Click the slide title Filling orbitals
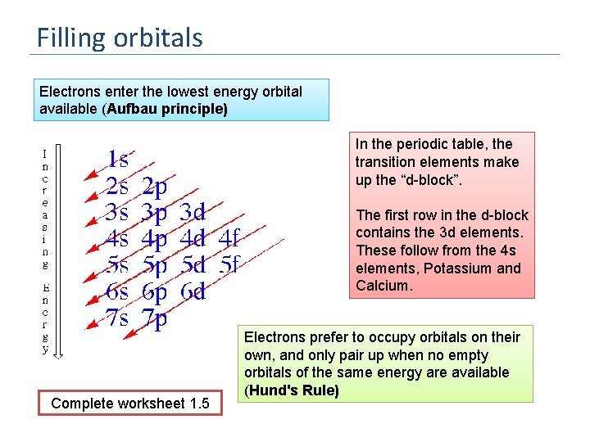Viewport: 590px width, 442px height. coord(120,38)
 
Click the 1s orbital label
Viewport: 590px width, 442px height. coord(118,159)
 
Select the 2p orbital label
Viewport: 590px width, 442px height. coord(155,186)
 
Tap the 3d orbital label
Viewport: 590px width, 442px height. coord(192,212)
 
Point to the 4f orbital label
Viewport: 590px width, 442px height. coord(229,239)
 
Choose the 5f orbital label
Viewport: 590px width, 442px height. coord(229,265)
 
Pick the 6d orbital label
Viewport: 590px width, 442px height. coord(192,291)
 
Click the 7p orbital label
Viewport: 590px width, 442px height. coord(155,318)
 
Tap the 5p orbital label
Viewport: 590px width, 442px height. coord(155,265)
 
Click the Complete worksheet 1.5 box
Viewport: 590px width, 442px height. coord(130,403)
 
